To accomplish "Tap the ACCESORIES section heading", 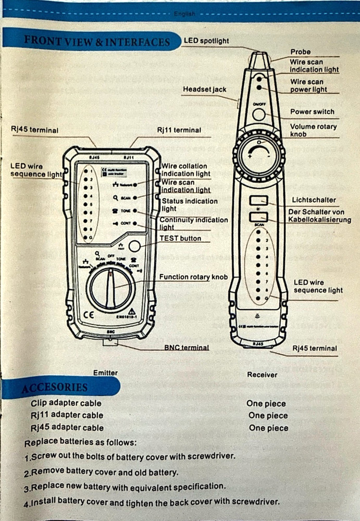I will pyautogui.click(x=54, y=388).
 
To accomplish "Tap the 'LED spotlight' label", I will pyautogui.click(x=206, y=41).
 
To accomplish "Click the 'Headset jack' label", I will pyautogui.click(x=205, y=90).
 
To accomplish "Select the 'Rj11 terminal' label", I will pyautogui.click(x=179, y=130).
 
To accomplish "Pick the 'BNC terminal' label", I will pyautogui.click(x=187, y=347).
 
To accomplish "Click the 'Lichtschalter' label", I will pyautogui.click(x=314, y=200).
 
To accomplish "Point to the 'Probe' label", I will pyautogui.click(x=301, y=52).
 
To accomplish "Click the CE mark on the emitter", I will pyautogui.click(x=89, y=315).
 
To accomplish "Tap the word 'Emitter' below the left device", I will pyautogui.click(x=105, y=373).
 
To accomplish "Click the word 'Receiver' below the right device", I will pyautogui.click(x=263, y=374).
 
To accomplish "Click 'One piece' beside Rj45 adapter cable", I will pyautogui.click(x=268, y=428).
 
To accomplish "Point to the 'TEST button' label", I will pyautogui.click(x=180, y=238).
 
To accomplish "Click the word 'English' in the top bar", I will pyautogui.click(x=185, y=14).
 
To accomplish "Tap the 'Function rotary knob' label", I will pyautogui.click(x=193, y=277).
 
